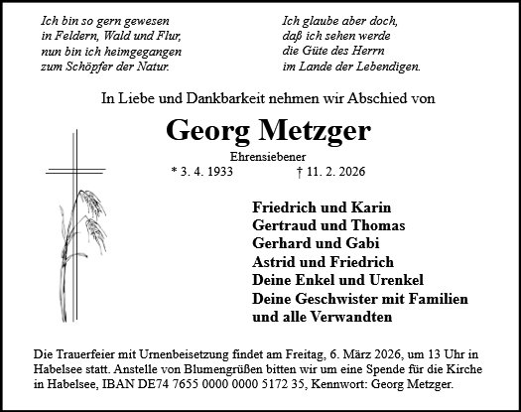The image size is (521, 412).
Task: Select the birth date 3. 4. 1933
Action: (x=207, y=171)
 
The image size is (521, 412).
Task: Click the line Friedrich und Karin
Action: (x=323, y=208)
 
